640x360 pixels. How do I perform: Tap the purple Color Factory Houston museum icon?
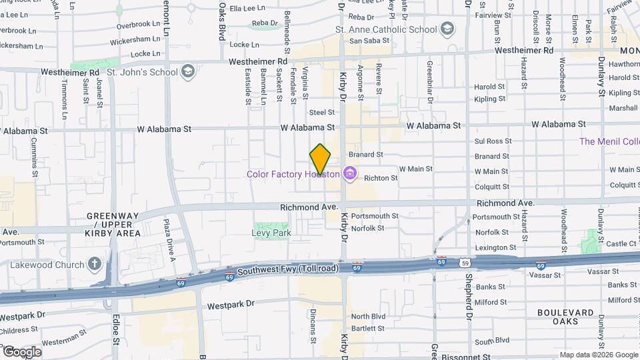tap(349, 174)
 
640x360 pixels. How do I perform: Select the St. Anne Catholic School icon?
tap(447, 29)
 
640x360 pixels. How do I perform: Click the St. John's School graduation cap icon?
tap(189, 71)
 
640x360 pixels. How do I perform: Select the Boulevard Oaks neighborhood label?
tap(566, 317)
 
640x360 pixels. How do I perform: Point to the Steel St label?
tap(321, 113)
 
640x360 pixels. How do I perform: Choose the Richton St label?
tap(381, 178)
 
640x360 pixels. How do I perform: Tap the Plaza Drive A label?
tap(169, 241)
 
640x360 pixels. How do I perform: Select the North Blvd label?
tap(369, 316)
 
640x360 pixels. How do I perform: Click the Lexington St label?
tap(496, 247)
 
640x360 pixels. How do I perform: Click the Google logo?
tap(21, 351)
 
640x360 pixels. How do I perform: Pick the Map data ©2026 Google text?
tap(598, 355)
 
